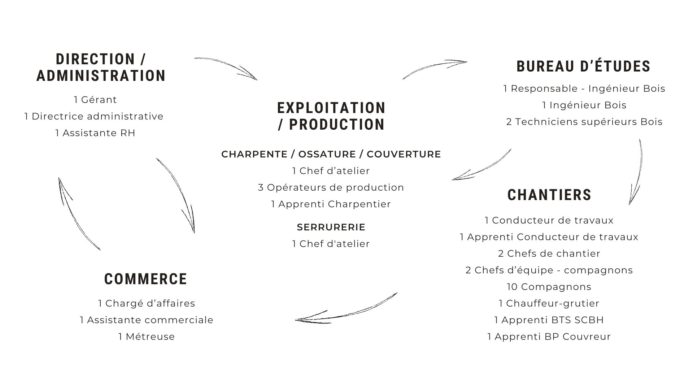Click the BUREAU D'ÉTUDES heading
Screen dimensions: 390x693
(x=583, y=66)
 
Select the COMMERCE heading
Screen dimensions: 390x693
(x=145, y=279)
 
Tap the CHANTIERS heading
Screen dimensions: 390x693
(x=549, y=195)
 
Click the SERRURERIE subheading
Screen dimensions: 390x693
(x=331, y=227)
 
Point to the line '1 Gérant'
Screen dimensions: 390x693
(x=95, y=100)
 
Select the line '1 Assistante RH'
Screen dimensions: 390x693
(x=95, y=133)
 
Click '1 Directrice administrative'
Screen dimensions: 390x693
(x=94, y=116)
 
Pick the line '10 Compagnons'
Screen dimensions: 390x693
(x=549, y=287)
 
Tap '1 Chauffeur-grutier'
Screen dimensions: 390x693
(x=549, y=303)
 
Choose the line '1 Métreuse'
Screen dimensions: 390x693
(x=147, y=337)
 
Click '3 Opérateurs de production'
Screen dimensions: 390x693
(x=331, y=187)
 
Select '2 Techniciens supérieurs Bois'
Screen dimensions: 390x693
(x=584, y=122)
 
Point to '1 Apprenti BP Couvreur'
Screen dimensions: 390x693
(x=549, y=337)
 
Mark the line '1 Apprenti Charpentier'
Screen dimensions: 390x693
(x=331, y=204)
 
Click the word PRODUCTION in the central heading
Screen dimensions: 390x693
(x=337, y=125)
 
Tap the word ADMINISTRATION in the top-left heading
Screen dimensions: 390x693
(x=101, y=76)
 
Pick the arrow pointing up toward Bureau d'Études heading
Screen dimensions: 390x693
(x=435, y=68)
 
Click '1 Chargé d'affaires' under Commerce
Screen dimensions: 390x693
(x=147, y=303)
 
